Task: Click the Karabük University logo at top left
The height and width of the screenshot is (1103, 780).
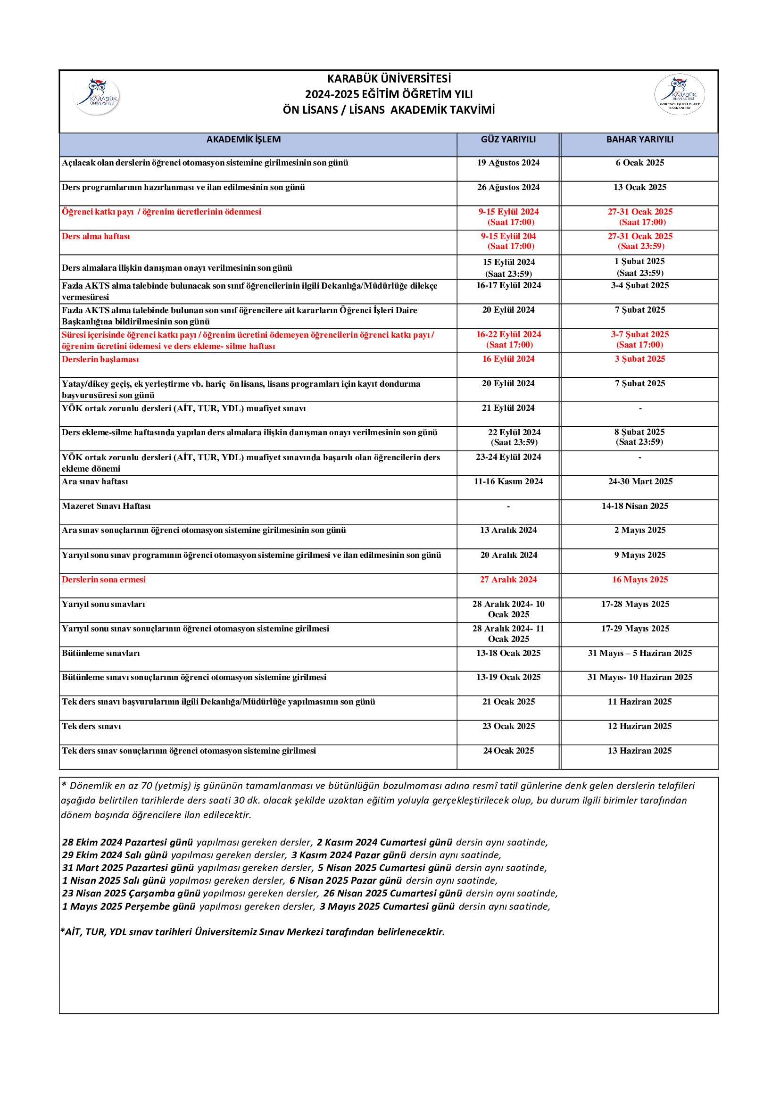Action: coord(97,96)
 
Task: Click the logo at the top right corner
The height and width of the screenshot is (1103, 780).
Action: coord(679,94)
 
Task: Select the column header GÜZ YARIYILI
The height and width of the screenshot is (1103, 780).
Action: coord(508,139)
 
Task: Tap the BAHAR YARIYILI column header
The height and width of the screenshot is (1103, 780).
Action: coord(640,139)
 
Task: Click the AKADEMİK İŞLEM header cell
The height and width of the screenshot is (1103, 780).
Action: coord(243,139)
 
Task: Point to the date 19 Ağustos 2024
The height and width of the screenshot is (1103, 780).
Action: coord(508,163)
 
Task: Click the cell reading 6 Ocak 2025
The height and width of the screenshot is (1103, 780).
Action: coord(640,163)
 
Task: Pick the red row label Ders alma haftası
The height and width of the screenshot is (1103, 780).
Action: coord(96,236)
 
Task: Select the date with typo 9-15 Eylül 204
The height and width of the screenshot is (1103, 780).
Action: coord(508,236)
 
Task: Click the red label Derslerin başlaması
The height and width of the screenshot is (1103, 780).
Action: coord(100,359)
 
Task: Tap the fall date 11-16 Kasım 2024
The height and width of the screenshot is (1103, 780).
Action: coord(508,481)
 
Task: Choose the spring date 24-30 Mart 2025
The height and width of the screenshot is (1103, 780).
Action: coord(640,481)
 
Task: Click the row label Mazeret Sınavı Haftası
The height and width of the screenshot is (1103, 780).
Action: coord(106,506)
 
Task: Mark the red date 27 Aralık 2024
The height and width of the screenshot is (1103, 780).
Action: coord(508,580)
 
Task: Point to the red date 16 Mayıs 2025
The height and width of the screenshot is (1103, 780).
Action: coord(640,580)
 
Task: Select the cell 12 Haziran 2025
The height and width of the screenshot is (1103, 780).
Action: coord(640,726)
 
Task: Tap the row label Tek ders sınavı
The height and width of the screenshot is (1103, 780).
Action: coord(91,726)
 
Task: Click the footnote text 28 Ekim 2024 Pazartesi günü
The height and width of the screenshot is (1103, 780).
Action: coord(128,842)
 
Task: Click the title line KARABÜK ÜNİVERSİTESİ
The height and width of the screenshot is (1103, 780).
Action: coord(389,79)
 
